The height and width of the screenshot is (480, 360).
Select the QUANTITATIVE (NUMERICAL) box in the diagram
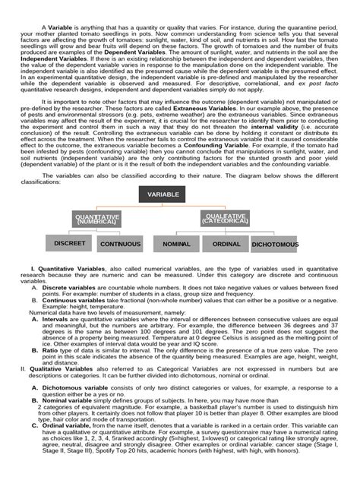coord(96,220)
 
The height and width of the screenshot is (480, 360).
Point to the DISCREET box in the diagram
coord(70,244)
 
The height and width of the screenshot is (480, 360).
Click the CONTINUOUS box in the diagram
coord(121,244)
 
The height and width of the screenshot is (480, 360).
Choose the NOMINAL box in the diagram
coord(176,244)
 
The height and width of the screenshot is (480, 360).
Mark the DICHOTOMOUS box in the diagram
coord(282,245)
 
